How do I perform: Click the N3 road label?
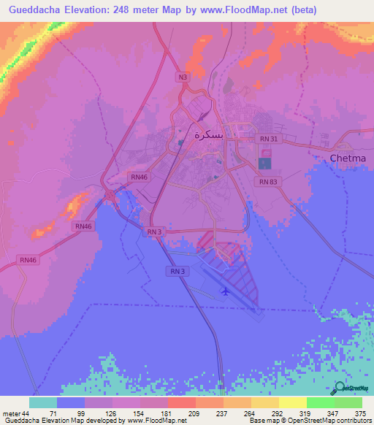pyautogui.click(x=182, y=76)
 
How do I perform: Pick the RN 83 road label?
pyautogui.click(x=269, y=182)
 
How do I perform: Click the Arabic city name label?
pyautogui.click(x=207, y=134)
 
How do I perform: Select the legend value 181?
pyautogui.click(x=154, y=413)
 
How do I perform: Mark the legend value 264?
pyautogui.click(x=237, y=413)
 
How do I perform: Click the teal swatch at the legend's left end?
pyautogui.click(x=43, y=402)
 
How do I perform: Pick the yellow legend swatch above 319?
pyautogui.click(x=293, y=402)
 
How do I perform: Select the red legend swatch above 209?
pyautogui.click(x=181, y=402)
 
